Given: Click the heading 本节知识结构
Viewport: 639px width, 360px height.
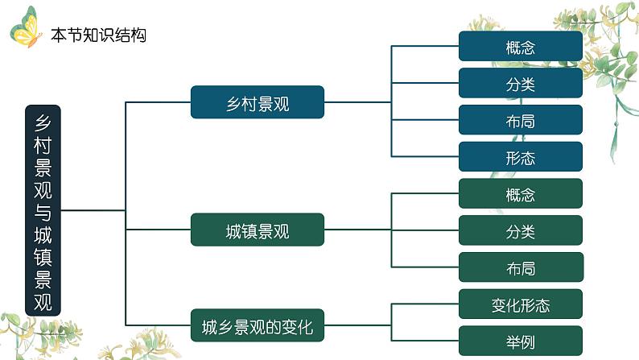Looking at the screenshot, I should coord(98,35).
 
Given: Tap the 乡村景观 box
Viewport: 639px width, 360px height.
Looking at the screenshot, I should coord(258,102).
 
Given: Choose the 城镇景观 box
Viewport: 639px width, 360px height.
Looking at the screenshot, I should coord(258,232).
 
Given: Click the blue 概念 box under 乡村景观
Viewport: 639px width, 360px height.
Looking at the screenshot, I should coord(521,47).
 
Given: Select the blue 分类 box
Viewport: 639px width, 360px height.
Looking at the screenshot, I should coord(521,84).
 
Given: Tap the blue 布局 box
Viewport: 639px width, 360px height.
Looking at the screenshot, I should coord(521,121).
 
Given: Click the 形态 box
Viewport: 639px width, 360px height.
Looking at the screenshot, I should coord(521,158).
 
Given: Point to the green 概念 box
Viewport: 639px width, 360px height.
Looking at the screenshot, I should coord(521,195).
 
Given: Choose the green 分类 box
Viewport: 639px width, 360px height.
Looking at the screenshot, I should coord(521,232).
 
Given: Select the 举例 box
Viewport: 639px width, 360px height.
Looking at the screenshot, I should coord(521,341).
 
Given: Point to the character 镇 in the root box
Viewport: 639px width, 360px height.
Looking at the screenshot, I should coord(43,256).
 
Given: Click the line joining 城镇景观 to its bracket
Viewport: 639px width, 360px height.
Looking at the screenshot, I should coord(358,230).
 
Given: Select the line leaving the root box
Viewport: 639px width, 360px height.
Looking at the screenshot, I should coord(93,211).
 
